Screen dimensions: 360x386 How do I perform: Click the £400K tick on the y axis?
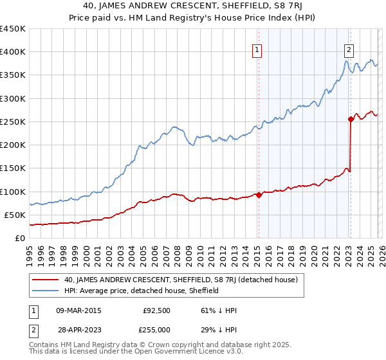point(13,52)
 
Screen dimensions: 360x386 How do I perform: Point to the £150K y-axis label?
point(13,168)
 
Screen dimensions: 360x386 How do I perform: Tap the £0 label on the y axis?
point(20,239)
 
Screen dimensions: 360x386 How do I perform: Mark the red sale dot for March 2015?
point(259,195)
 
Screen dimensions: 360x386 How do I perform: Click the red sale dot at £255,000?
point(351,119)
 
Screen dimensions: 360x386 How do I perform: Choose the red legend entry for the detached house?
point(181,280)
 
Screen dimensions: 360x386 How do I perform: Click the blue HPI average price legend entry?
point(142,291)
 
